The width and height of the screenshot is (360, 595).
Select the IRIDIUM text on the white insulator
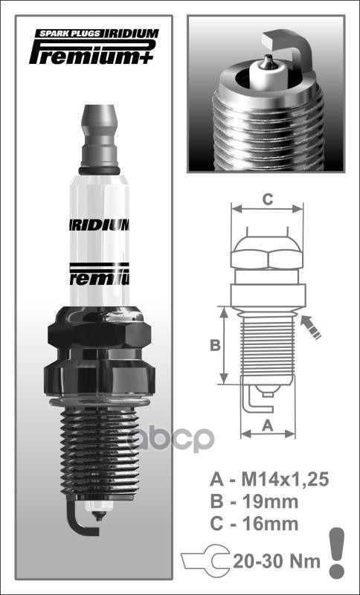(100, 225)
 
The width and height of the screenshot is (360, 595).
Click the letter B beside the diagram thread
(213, 345)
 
